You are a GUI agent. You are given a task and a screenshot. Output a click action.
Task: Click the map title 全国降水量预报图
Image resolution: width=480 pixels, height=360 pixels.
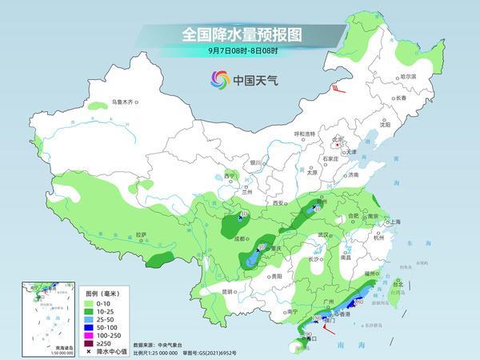tap(239, 34)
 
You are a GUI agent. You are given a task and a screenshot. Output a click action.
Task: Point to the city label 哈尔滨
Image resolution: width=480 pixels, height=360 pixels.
tap(408, 75)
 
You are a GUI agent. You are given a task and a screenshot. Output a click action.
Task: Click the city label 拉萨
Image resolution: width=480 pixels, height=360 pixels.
tap(141, 234)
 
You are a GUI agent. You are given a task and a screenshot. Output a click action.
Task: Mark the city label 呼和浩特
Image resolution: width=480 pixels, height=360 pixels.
tap(305, 134)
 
